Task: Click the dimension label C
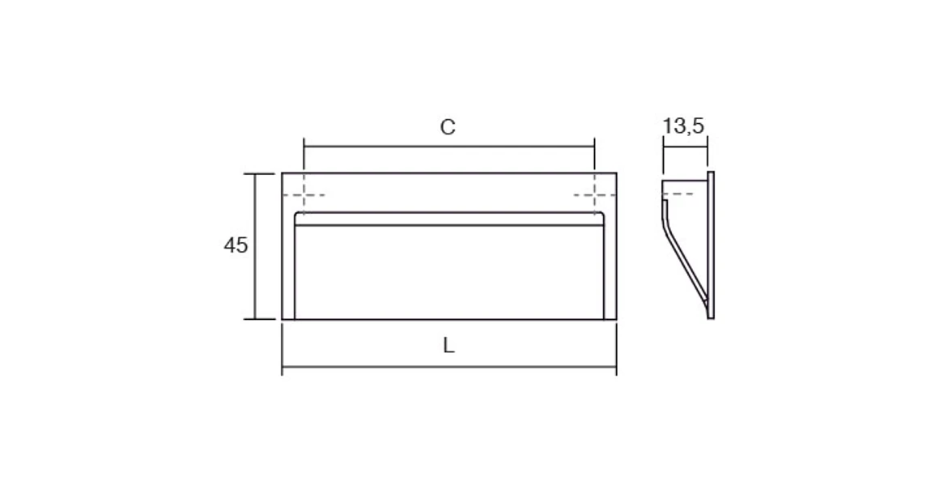point(448,127)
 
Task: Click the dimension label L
point(449,346)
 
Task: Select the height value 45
point(236,245)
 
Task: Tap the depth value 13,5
point(684,126)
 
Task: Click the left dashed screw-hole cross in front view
point(304,195)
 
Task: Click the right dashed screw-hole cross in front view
point(594,195)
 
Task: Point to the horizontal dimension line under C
point(449,147)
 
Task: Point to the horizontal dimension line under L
point(449,366)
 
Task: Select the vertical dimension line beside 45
point(257,246)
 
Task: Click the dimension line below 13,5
point(685,147)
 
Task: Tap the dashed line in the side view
point(678,194)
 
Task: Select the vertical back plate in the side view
point(711,245)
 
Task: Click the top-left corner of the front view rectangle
point(283,173)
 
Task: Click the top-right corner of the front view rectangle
point(616,173)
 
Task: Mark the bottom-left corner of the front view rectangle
point(283,319)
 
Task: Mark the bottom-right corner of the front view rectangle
point(616,319)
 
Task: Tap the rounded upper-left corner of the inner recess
point(297,215)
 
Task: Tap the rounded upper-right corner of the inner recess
point(601,215)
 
